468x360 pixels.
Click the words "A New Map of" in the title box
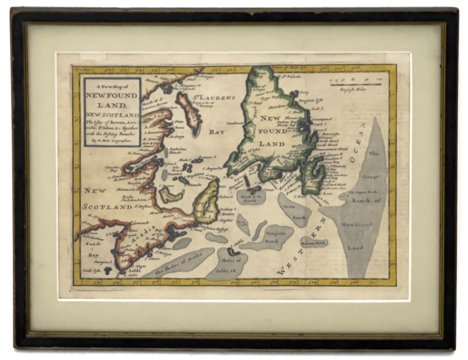(x=111, y=86)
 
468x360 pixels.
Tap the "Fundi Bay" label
(x=92, y=249)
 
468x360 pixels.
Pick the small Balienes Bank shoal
(x=314, y=242)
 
